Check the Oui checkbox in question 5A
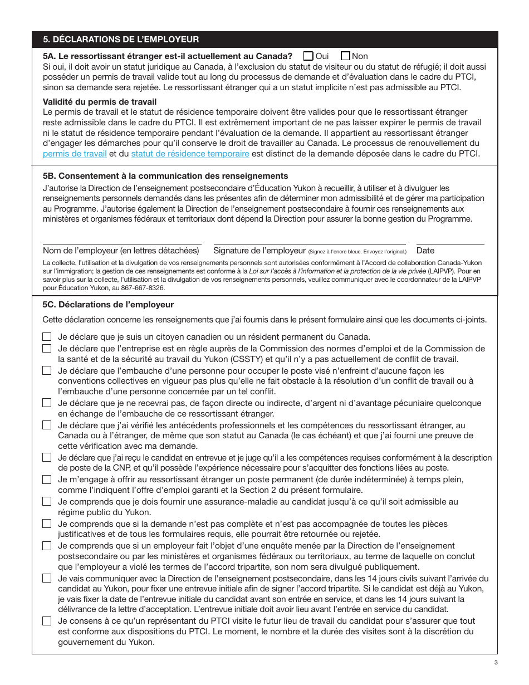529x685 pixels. coord(308,56)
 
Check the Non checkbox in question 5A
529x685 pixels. coord(345,56)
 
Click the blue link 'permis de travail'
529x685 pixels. coord(75,154)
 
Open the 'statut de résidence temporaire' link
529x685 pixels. coord(190,154)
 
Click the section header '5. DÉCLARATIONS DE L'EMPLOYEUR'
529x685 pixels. coord(121,40)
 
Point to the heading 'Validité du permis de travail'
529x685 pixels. coord(100,101)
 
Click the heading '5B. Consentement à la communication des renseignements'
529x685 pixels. coord(165,176)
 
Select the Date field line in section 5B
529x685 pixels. coord(450,243)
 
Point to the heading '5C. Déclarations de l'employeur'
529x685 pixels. coord(108,305)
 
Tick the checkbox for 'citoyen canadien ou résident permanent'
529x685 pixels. coord(47,337)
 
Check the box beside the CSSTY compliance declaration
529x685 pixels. coord(47,349)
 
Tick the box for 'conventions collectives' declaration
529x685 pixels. coord(47,370)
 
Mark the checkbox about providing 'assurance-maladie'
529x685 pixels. coord(47,502)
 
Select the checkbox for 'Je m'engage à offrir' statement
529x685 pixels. coord(47,479)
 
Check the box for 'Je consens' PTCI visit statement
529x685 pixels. coord(47,621)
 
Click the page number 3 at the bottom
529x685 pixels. coord(495,662)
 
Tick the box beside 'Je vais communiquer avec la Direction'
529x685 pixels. coord(47,579)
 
